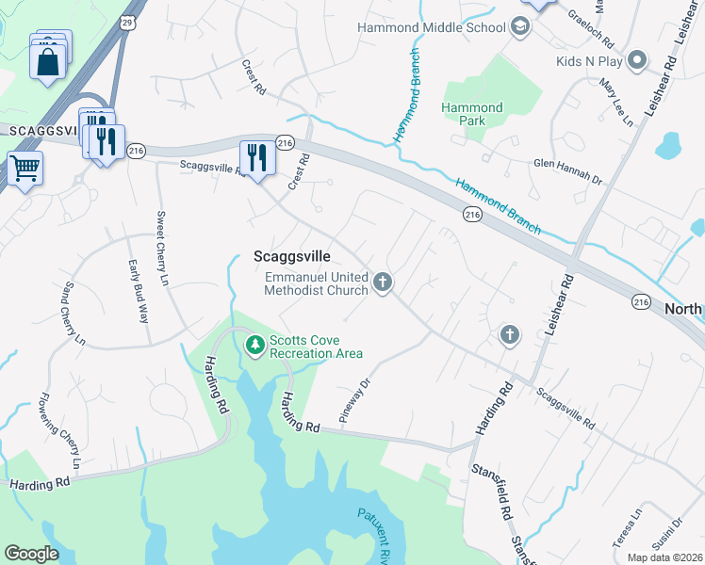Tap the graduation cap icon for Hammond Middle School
[x=519, y=27]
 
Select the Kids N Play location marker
[x=637, y=61]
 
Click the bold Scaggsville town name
[x=291, y=255]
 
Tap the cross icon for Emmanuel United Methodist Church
[x=382, y=282]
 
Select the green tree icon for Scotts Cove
[x=254, y=346]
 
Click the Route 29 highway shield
[x=127, y=19]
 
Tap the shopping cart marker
[x=25, y=169]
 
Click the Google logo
[x=31, y=554]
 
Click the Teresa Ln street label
[x=635, y=521]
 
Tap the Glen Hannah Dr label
[x=567, y=170]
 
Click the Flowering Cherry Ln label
[x=59, y=432]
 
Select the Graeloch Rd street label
[x=590, y=29]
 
